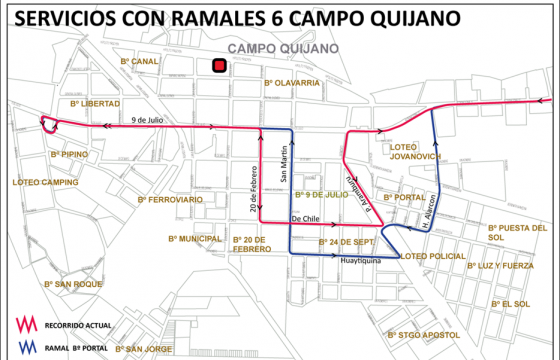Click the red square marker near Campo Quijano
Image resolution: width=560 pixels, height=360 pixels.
[218, 66]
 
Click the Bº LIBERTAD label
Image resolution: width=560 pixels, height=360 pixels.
[95, 103]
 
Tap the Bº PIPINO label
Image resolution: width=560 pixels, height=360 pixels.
[69, 154]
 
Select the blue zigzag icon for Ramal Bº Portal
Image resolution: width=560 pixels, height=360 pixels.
[25, 348]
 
